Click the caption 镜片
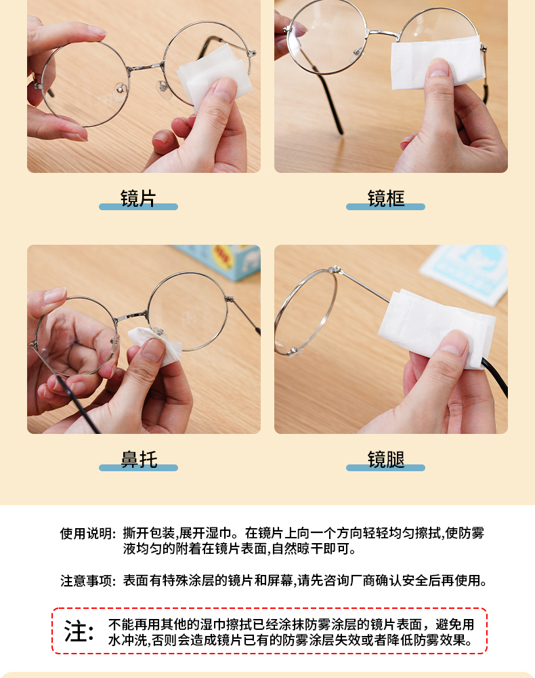click(138, 199)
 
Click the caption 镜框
click(386, 199)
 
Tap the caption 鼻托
click(139, 459)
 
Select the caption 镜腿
click(386, 459)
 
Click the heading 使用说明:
click(88, 534)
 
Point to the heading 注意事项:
click(88, 581)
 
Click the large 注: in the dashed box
click(79, 631)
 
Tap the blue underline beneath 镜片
click(138, 207)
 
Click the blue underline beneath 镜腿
click(385, 467)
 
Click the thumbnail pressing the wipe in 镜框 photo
click(438, 67)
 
